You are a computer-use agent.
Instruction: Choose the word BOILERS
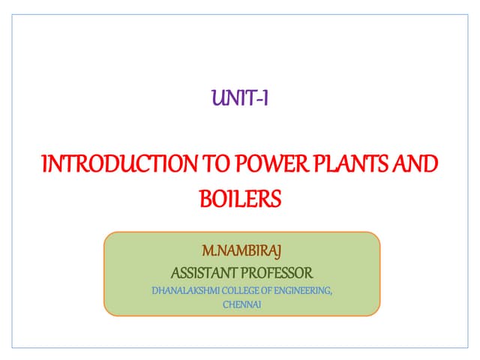(241, 199)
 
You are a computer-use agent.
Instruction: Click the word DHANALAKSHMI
(181, 290)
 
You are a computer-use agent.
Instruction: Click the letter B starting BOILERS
(205, 199)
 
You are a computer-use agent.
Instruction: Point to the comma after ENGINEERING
(331, 292)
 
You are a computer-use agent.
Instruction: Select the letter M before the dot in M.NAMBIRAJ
(208, 249)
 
